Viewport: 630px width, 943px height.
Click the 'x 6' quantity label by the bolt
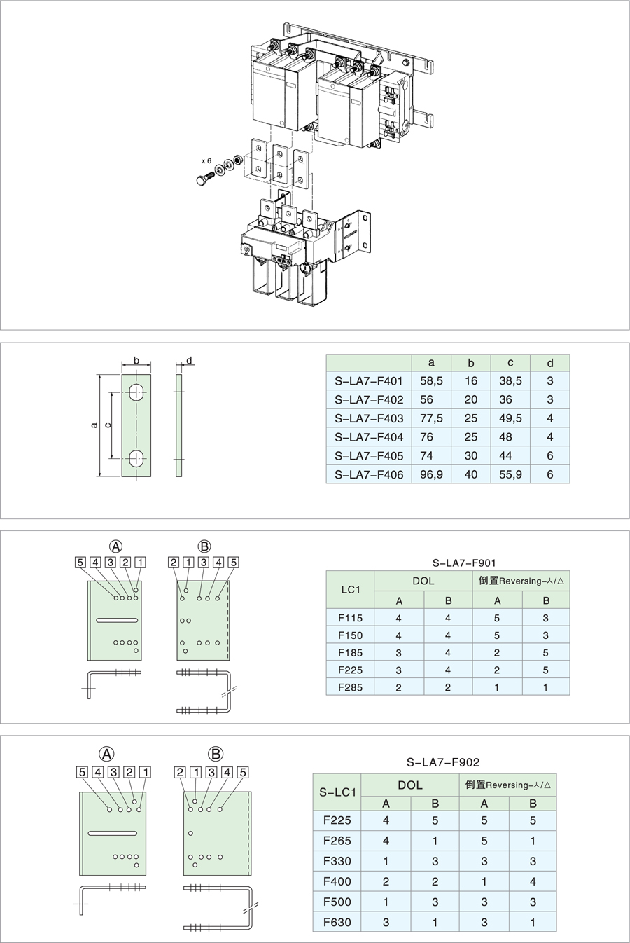(206, 161)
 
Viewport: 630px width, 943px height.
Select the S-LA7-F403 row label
(369, 418)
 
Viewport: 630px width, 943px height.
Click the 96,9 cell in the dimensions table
(431, 474)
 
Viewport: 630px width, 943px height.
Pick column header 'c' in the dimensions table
(510, 362)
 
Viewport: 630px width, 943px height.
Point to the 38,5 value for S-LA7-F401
(510, 381)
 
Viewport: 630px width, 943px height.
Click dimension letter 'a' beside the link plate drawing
(94, 425)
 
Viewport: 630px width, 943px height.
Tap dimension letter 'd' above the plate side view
(189, 360)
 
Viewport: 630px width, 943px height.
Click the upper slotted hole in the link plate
(136, 392)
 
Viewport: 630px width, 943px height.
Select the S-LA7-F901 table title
(464, 563)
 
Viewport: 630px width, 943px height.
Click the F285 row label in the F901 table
(350, 687)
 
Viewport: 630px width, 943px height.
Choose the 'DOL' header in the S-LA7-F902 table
(410, 785)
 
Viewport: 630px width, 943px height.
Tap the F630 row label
(337, 922)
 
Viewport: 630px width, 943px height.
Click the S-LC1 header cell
(337, 792)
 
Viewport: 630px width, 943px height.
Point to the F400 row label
(337, 881)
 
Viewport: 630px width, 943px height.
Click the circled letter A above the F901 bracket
(115, 546)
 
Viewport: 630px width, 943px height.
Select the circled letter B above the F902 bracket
(216, 754)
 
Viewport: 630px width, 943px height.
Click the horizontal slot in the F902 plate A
(112, 833)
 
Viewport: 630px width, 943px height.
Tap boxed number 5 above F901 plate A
(80, 562)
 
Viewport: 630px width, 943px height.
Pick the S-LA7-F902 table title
(443, 762)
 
